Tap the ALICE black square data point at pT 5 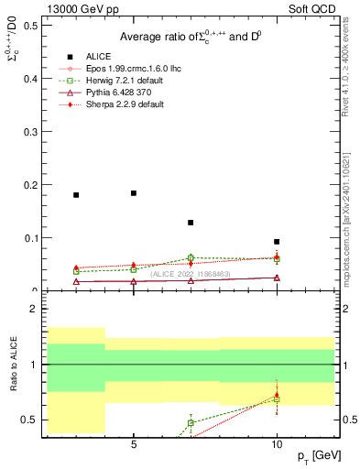(x=134, y=193)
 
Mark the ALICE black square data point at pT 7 (x=191, y=223)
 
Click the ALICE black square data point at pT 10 (x=277, y=242)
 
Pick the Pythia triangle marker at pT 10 (x=277, y=278)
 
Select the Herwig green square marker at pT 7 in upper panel (x=191, y=257)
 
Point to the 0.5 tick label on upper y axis (x=29, y=25)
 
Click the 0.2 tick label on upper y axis (x=29, y=185)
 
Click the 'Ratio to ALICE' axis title (x=14, y=366)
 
